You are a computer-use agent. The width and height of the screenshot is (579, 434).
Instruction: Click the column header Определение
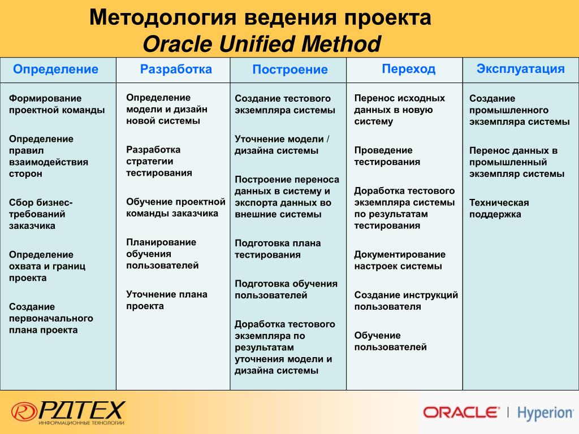point(55,70)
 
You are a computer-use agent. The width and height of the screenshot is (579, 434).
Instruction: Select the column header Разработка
point(176,70)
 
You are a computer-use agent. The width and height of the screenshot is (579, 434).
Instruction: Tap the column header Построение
point(290,70)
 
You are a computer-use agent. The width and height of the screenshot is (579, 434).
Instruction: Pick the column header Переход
point(408,69)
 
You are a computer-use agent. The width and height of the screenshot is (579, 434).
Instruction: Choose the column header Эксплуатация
point(520,69)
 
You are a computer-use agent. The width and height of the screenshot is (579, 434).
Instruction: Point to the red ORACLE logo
point(461,412)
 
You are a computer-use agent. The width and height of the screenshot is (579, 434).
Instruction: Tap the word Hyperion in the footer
point(545,413)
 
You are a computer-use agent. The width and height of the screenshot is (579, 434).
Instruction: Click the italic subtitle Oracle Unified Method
point(261,44)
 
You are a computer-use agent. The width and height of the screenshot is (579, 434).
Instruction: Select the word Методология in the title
point(162,18)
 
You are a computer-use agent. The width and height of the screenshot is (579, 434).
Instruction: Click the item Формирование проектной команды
point(57,104)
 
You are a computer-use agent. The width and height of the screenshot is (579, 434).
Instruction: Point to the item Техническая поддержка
point(499,209)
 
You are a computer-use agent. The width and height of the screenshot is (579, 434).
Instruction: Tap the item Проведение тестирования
point(387,156)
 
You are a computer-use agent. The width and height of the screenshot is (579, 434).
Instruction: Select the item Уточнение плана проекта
point(167,300)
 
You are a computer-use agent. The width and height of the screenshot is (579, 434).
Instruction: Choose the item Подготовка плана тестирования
point(278,249)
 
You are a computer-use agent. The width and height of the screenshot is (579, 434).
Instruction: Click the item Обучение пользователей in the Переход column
point(390,341)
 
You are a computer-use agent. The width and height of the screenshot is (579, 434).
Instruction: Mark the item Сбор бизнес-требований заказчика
point(41,214)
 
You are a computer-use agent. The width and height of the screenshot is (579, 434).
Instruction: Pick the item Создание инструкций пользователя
point(406,301)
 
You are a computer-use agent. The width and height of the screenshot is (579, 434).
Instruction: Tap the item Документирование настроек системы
point(400,260)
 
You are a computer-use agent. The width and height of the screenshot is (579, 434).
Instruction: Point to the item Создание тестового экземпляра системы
point(285,104)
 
